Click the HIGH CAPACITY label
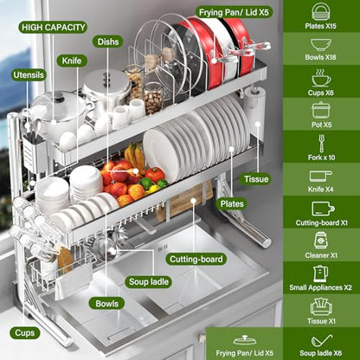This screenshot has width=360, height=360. click(53, 28)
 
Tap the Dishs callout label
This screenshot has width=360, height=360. click(108, 42)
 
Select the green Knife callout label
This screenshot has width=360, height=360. click(72, 61)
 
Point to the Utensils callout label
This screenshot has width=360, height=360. click(29, 75)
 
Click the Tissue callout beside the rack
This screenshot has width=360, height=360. click(256, 179)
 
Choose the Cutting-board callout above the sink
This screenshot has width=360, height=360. click(196, 259)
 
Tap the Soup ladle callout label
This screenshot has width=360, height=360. click(149, 281)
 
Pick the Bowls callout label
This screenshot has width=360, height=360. click(107, 304)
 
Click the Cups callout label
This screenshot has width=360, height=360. click(24, 333)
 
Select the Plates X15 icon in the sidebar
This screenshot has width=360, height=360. click(321, 11)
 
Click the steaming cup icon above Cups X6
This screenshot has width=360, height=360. click(321, 78)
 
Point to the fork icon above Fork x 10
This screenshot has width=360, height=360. click(321, 144)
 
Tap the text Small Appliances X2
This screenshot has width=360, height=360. click(321, 287)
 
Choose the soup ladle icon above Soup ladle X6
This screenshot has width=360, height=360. click(321, 341)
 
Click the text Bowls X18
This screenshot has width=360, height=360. click(321, 57)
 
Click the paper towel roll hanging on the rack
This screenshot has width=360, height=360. click(254, 115)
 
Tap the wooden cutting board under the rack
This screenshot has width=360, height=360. click(185, 200)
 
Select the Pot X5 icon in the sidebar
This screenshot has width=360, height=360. click(321, 110)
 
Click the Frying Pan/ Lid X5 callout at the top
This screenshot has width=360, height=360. click(235, 12)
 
